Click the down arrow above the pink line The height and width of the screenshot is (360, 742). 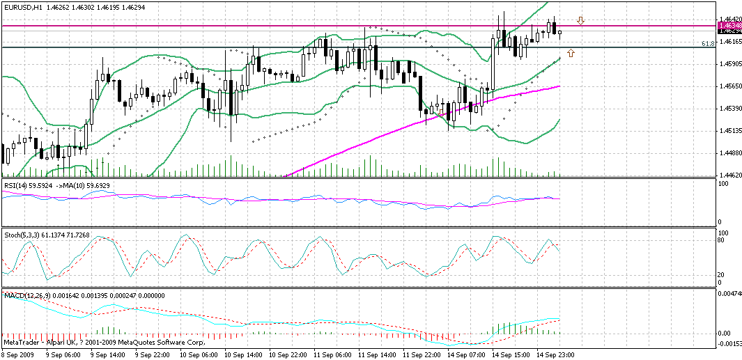click(580, 22)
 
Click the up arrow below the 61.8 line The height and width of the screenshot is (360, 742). click(571, 52)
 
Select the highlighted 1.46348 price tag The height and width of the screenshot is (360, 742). click(729, 26)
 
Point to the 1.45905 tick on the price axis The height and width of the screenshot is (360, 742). click(729, 64)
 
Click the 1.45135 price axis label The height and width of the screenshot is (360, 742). click(729, 131)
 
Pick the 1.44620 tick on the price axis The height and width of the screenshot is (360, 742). click(729, 175)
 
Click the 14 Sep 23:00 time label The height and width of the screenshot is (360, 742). click(556, 355)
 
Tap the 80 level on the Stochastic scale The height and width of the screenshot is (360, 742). click(722, 240)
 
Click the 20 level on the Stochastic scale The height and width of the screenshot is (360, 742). click(722, 274)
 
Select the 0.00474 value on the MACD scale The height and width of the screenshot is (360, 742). click(729, 294)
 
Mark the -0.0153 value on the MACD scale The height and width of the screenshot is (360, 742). click(729, 343)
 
